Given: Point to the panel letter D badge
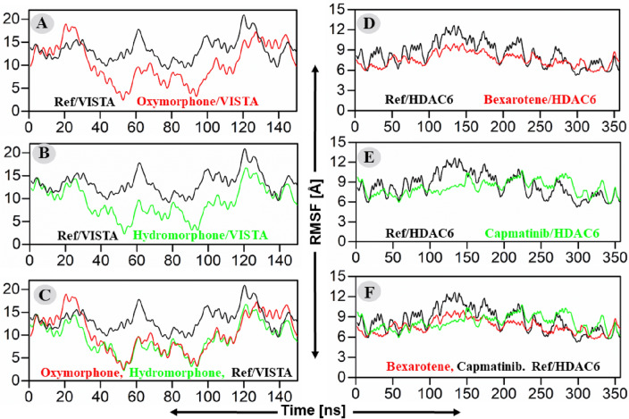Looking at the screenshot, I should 370,21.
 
